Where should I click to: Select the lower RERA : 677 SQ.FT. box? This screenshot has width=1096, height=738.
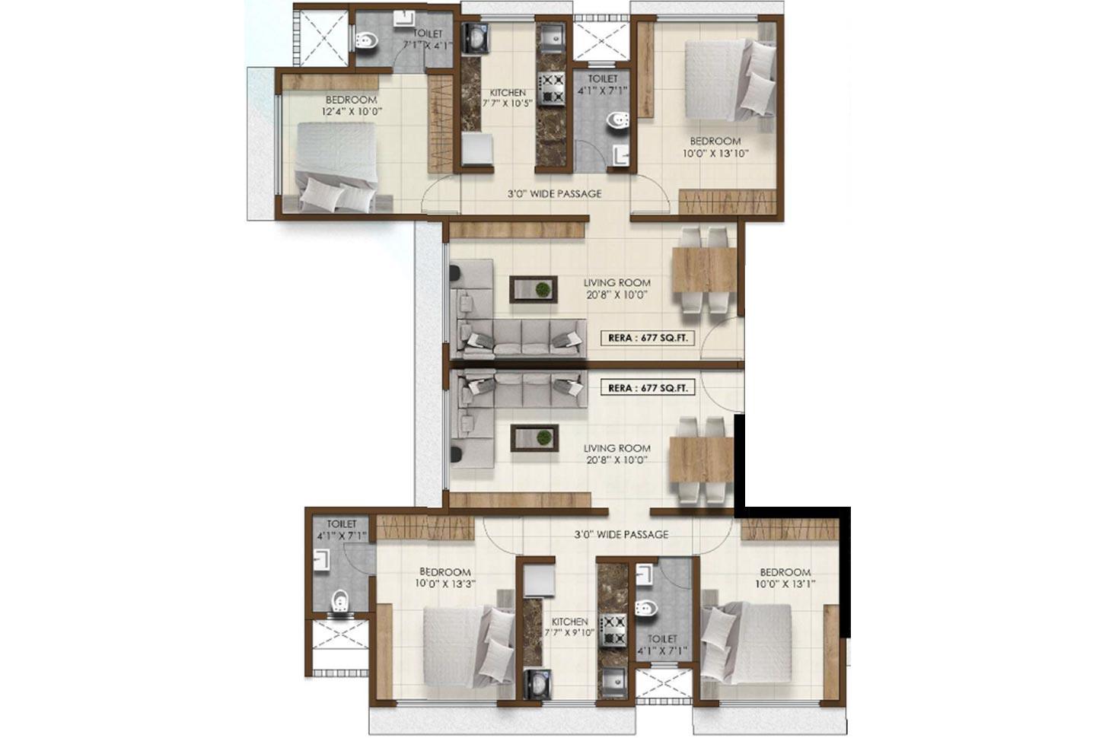tap(647, 388)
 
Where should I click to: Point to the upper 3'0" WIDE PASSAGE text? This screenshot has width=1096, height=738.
tap(554, 194)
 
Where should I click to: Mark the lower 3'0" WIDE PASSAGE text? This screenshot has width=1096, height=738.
tap(621, 535)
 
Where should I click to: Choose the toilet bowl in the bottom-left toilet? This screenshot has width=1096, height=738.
tap(340, 601)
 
